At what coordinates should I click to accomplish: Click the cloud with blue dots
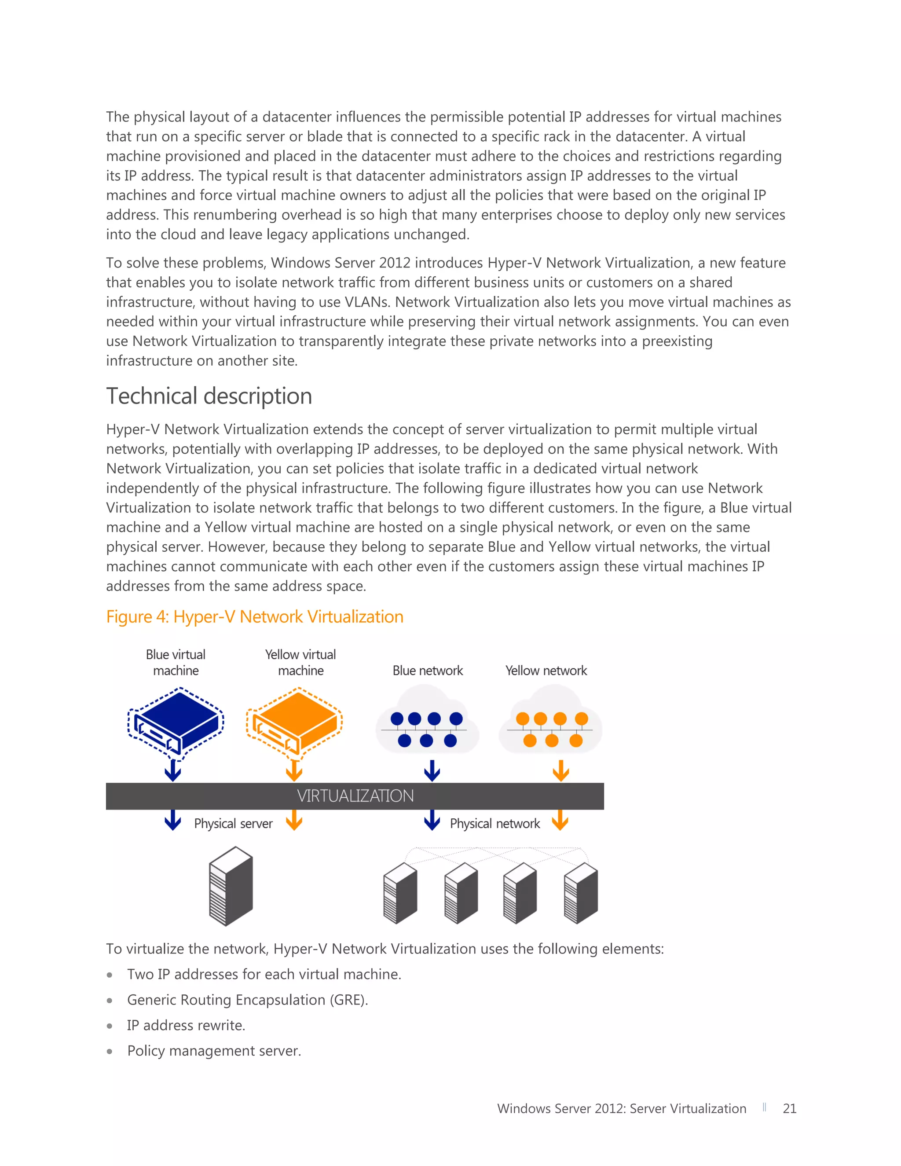coord(427,723)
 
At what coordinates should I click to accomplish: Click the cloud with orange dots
coord(550,723)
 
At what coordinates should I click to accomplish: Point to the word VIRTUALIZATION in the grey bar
coord(355,796)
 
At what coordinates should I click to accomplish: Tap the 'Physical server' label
coord(233,824)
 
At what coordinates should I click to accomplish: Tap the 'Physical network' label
coord(495,824)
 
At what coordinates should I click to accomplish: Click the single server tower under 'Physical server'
coord(231,886)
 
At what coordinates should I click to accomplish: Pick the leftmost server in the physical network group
coord(400,894)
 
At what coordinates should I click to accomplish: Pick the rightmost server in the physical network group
coord(581,894)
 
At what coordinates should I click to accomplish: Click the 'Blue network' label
coord(428,671)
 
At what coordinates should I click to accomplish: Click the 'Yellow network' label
coord(546,671)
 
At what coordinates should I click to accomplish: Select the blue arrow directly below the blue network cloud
coord(432,770)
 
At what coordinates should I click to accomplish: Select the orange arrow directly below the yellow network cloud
coord(560,770)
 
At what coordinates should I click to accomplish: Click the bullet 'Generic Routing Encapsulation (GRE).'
coord(248,1000)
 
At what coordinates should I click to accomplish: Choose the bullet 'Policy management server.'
coord(214,1051)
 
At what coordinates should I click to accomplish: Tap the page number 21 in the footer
coord(789,1109)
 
